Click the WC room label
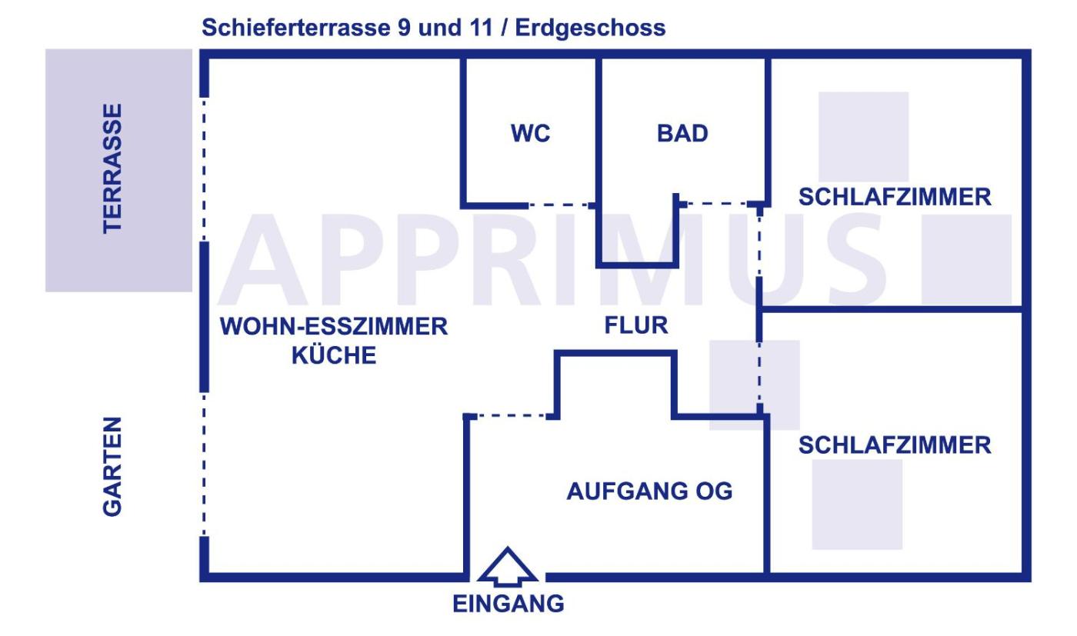click(x=531, y=134)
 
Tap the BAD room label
click(x=682, y=134)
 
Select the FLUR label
click(x=636, y=326)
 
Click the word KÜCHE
click(x=334, y=356)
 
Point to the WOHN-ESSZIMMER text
click(x=334, y=326)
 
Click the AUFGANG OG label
click(x=649, y=491)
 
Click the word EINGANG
click(x=508, y=604)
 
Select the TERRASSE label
click(x=112, y=168)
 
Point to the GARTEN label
click(x=112, y=466)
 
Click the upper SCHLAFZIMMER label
click(x=895, y=198)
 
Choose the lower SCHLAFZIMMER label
click(x=895, y=445)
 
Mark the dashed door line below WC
click(x=559, y=205)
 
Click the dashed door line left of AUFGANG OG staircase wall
click(x=510, y=416)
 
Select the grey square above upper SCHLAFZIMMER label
click(x=863, y=136)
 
